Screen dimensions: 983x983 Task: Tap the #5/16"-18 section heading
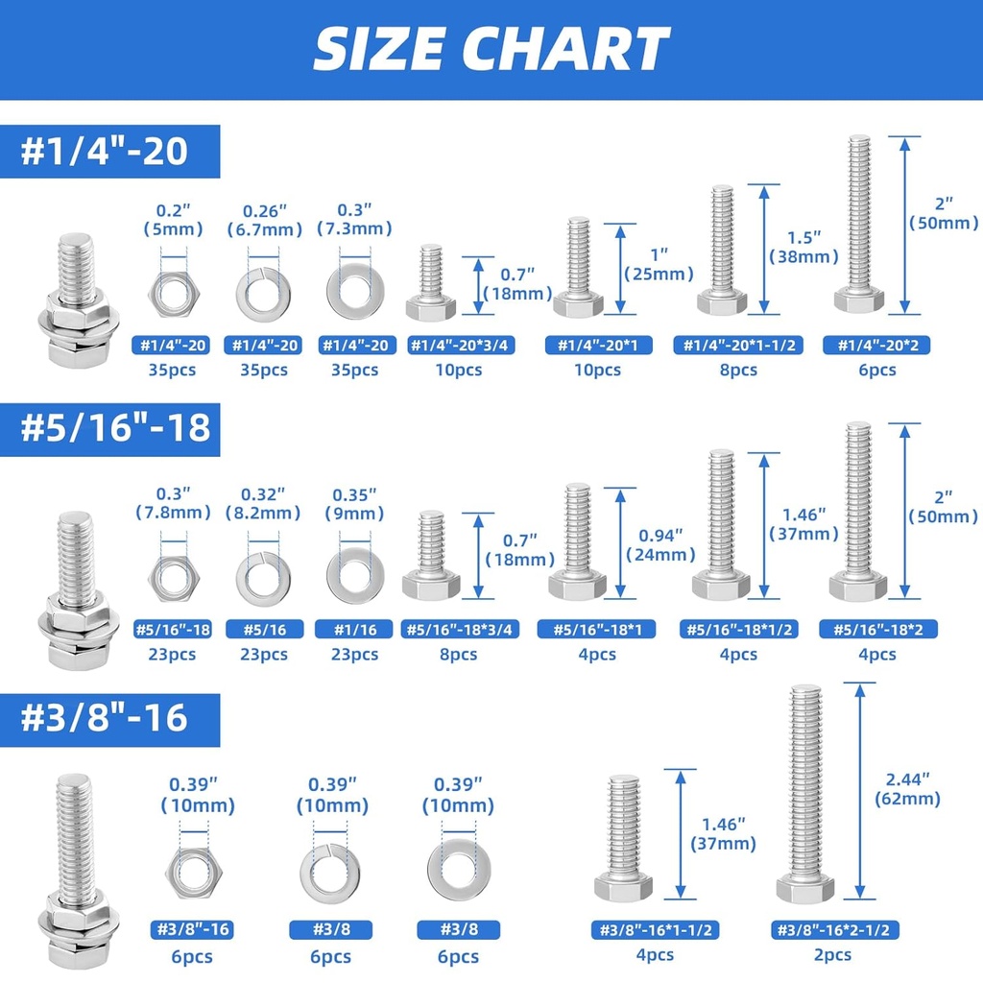coord(116,427)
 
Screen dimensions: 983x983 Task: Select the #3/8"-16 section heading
coord(105,717)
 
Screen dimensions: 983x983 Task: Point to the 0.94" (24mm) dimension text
coord(660,544)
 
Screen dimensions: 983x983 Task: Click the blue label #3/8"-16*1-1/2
coord(654,929)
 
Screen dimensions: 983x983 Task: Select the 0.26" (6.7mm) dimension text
coord(263,219)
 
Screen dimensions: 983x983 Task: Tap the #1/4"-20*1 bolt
coord(578,270)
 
